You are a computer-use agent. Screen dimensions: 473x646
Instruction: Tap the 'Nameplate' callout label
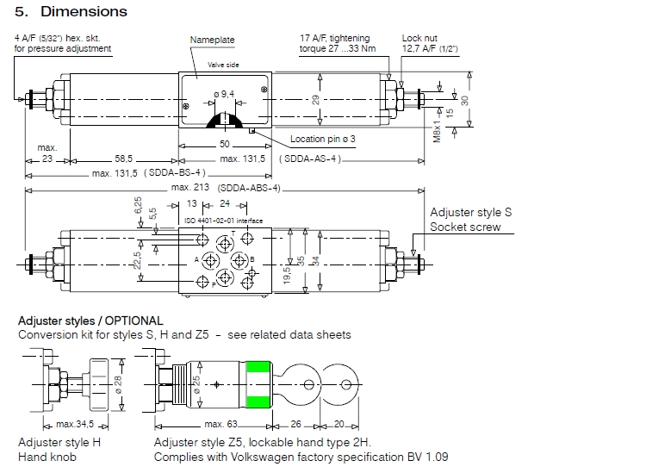coord(212,40)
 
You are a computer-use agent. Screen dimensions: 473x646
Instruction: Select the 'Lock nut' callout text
coord(420,38)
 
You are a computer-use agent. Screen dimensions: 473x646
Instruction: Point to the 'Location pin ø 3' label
coord(323,140)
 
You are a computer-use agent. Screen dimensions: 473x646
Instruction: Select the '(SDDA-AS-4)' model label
coord(311,159)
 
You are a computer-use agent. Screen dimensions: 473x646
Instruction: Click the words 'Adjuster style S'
coord(471,211)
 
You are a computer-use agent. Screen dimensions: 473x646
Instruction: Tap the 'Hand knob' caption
coord(47,457)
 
